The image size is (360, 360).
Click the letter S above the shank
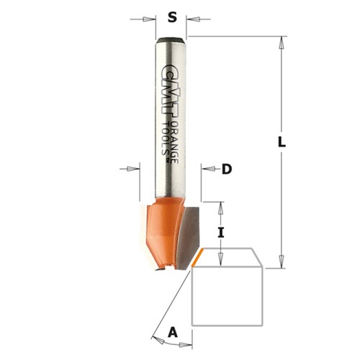click(171, 15)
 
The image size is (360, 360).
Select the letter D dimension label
click(226, 169)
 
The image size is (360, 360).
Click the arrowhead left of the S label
click(152, 19)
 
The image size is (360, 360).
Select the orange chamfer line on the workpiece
click(196, 257)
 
